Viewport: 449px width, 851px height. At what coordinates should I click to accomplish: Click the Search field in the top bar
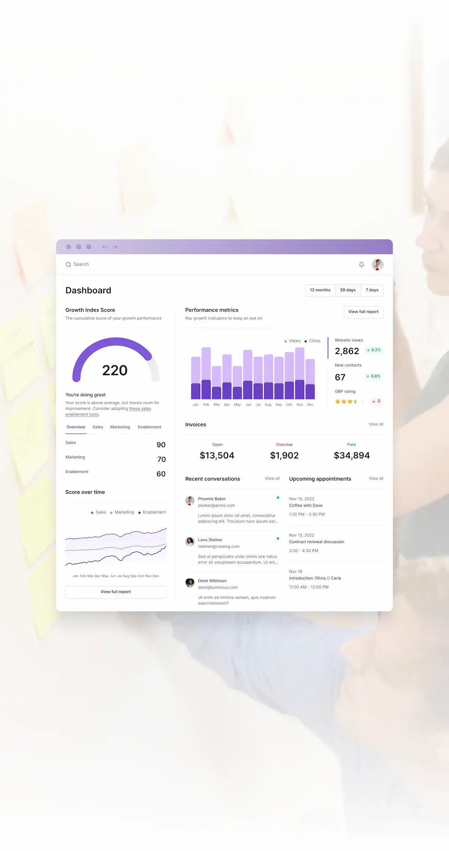[81, 265]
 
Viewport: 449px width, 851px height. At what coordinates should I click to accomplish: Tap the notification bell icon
[361, 265]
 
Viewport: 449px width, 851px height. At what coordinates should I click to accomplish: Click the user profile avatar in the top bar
[378, 265]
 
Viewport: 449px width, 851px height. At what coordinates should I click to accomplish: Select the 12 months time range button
[320, 290]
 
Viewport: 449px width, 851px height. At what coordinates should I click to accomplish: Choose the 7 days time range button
[372, 290]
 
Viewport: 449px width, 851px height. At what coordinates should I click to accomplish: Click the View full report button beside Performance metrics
[363, 312]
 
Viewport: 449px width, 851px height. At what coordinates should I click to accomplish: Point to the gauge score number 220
[115, 370]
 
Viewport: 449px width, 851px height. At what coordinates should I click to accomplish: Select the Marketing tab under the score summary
[120, 427]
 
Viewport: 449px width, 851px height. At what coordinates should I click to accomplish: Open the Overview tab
[76, 427]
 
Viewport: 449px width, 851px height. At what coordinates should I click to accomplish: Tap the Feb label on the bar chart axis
[206, 405]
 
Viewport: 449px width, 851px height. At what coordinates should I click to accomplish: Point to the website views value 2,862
[347, 351]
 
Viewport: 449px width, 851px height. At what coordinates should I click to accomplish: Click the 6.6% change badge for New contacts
[373, 376]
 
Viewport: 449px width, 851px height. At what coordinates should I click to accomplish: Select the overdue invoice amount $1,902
[284, 455]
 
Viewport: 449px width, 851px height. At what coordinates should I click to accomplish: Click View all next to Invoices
[376, 424]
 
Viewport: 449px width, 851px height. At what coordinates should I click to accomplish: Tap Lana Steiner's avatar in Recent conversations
[190, 542]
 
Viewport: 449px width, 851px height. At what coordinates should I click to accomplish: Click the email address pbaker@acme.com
[216, 506]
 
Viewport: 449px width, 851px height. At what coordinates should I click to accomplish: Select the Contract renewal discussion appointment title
[317, 542]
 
